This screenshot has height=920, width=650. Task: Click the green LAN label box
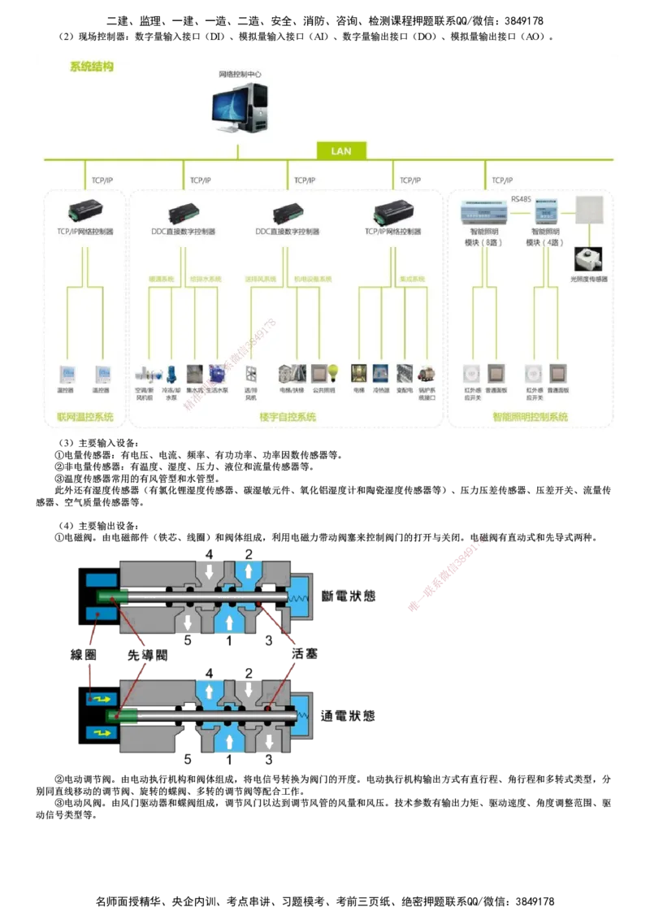[x=341, y=150]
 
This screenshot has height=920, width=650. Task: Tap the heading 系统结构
[x=91, y=67]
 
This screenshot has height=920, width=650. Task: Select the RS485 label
[x=521, y=198]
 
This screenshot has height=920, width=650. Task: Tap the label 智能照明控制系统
[x=530, y=418]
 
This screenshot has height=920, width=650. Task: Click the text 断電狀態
[x=349, y=596]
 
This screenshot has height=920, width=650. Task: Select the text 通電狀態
[x=349, y=716]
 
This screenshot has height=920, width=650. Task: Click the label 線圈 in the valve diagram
[x=84, y=655]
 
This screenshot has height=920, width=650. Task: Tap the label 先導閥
[x=147, y=655]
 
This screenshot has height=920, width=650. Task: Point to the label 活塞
[x=304, y=655]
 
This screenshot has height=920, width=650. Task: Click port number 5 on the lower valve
[x=188, y=760]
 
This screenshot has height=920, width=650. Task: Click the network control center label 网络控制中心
[x=240, y=74]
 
